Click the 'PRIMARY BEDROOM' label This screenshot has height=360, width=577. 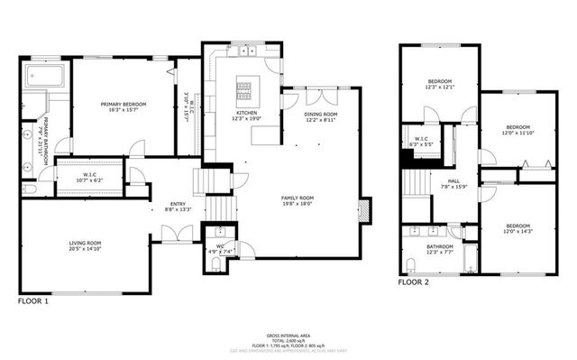tap(123, 105)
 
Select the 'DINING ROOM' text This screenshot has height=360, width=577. tap(320, 115)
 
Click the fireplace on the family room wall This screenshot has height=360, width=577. tap(364, 210)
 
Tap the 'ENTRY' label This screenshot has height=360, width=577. tap(178, 204)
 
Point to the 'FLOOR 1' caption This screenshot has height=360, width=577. tap(33, 301)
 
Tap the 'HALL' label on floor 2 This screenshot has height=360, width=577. tap(441, 180)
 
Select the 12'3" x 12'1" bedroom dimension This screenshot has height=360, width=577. tap(438, 88)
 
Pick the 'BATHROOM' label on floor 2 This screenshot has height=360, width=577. tap(440, 246)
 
